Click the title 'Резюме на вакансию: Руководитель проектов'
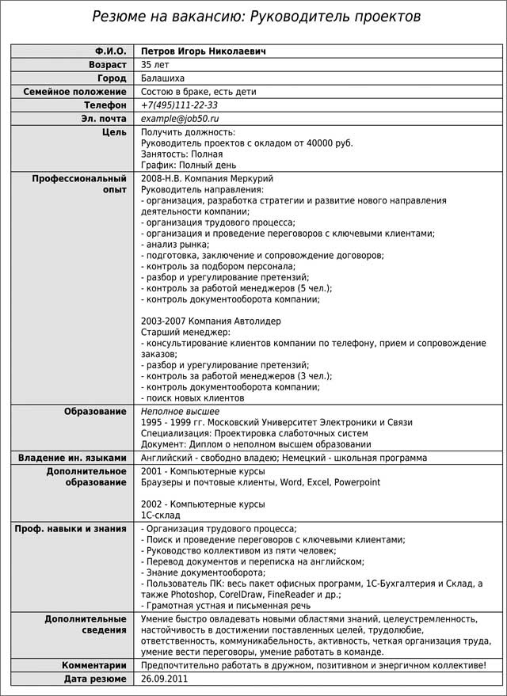(256, 16)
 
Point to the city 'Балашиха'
(164, 78)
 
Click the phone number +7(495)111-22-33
(180, 105)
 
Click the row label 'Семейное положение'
(75, 92)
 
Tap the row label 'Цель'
(114, 132)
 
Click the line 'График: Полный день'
(189, 165)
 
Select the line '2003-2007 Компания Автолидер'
(211, 321)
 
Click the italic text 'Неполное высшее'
(181, 412)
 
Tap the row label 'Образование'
(95, 412)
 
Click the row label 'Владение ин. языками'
(72, 458)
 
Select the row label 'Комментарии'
(94, 666)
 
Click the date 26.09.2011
(165, 679)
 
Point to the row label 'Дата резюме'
(95, 679)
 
